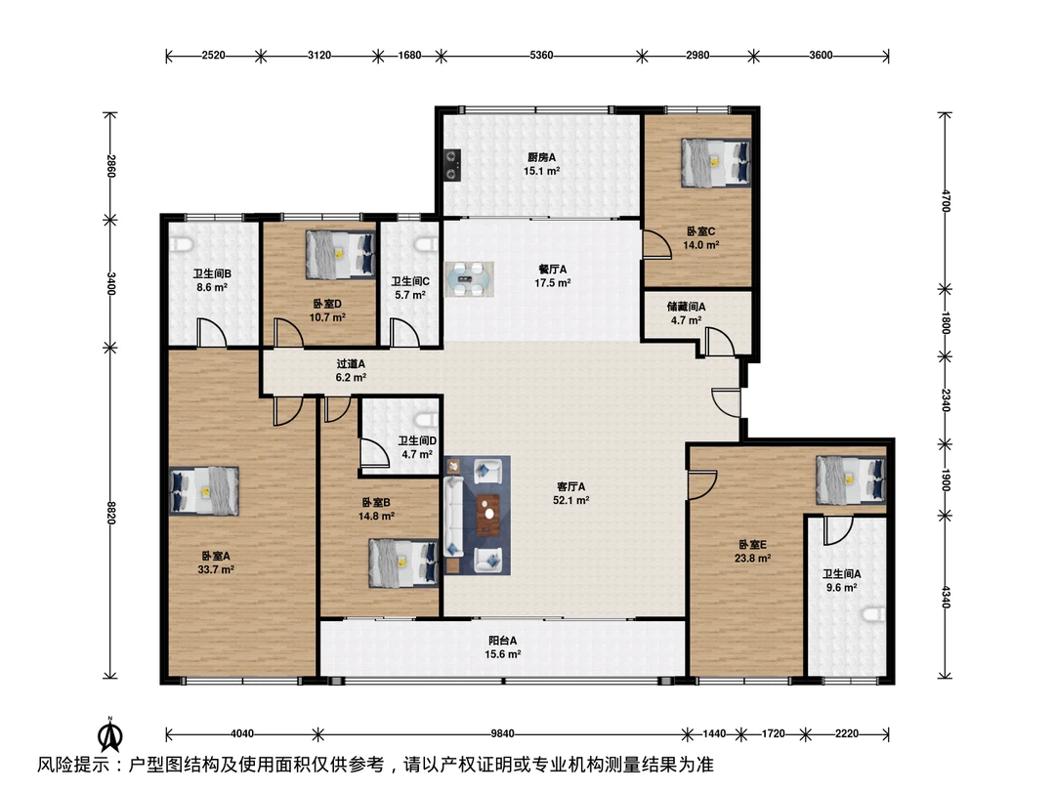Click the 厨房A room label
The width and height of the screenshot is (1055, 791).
[x=541, y=157]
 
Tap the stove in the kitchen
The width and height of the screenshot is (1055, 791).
[x=453, y=165]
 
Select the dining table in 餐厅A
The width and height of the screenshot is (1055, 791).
[x=469, y=279]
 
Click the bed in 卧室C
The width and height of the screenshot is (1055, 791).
[x=715, y=163]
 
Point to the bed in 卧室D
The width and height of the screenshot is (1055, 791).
[x=341, y=254]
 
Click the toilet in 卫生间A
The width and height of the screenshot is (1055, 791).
[x=876, y=614]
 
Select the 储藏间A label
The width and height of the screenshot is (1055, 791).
[x=687, y=307]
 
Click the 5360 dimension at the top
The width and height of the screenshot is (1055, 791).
[x=541, y=55]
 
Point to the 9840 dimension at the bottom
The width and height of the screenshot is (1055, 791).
[x=503, y=733]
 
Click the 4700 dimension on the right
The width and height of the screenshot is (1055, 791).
[x=946, y=201]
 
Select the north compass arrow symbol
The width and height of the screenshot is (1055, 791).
[x=109, y=734]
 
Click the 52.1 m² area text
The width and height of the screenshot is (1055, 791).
[x=571, y=500]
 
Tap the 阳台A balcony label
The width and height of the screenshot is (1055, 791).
[x=503, y=641]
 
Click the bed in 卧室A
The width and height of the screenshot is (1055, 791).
[x=204, y=491]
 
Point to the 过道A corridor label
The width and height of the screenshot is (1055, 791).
[x=351, y=364]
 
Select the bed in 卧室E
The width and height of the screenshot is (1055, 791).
[x=851, y=480]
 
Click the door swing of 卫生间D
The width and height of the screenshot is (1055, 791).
[x=373, y=452]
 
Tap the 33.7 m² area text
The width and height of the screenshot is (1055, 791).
[x=216, y=569]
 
